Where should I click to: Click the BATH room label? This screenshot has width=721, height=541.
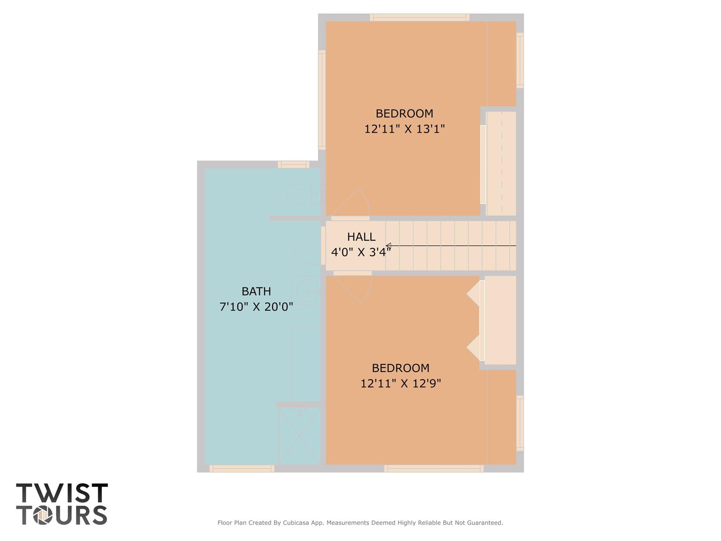(256, 291)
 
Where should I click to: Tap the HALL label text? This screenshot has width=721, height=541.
(361, 237)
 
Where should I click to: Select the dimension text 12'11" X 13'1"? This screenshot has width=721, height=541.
(404, 129)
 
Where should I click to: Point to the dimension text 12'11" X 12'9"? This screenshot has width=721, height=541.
(400, 383)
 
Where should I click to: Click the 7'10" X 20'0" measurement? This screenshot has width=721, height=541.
(256, 307)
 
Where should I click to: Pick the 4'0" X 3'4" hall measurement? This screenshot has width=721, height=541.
(361, 252)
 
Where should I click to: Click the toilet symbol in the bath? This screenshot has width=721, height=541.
(303, 194)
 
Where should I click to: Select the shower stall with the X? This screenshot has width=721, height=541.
(299, 436)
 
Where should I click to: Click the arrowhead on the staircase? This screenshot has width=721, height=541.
(388, 246)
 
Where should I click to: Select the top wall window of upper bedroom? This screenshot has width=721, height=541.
(419, 17)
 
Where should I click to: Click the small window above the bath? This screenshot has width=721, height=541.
(293, 165)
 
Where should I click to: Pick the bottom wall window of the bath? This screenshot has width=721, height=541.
(242, 468)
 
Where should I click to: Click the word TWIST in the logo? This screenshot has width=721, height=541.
(62, 493)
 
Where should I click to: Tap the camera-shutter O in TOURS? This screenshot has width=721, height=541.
(43, 515)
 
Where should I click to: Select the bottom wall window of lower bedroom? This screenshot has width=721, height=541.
(434, 468)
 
